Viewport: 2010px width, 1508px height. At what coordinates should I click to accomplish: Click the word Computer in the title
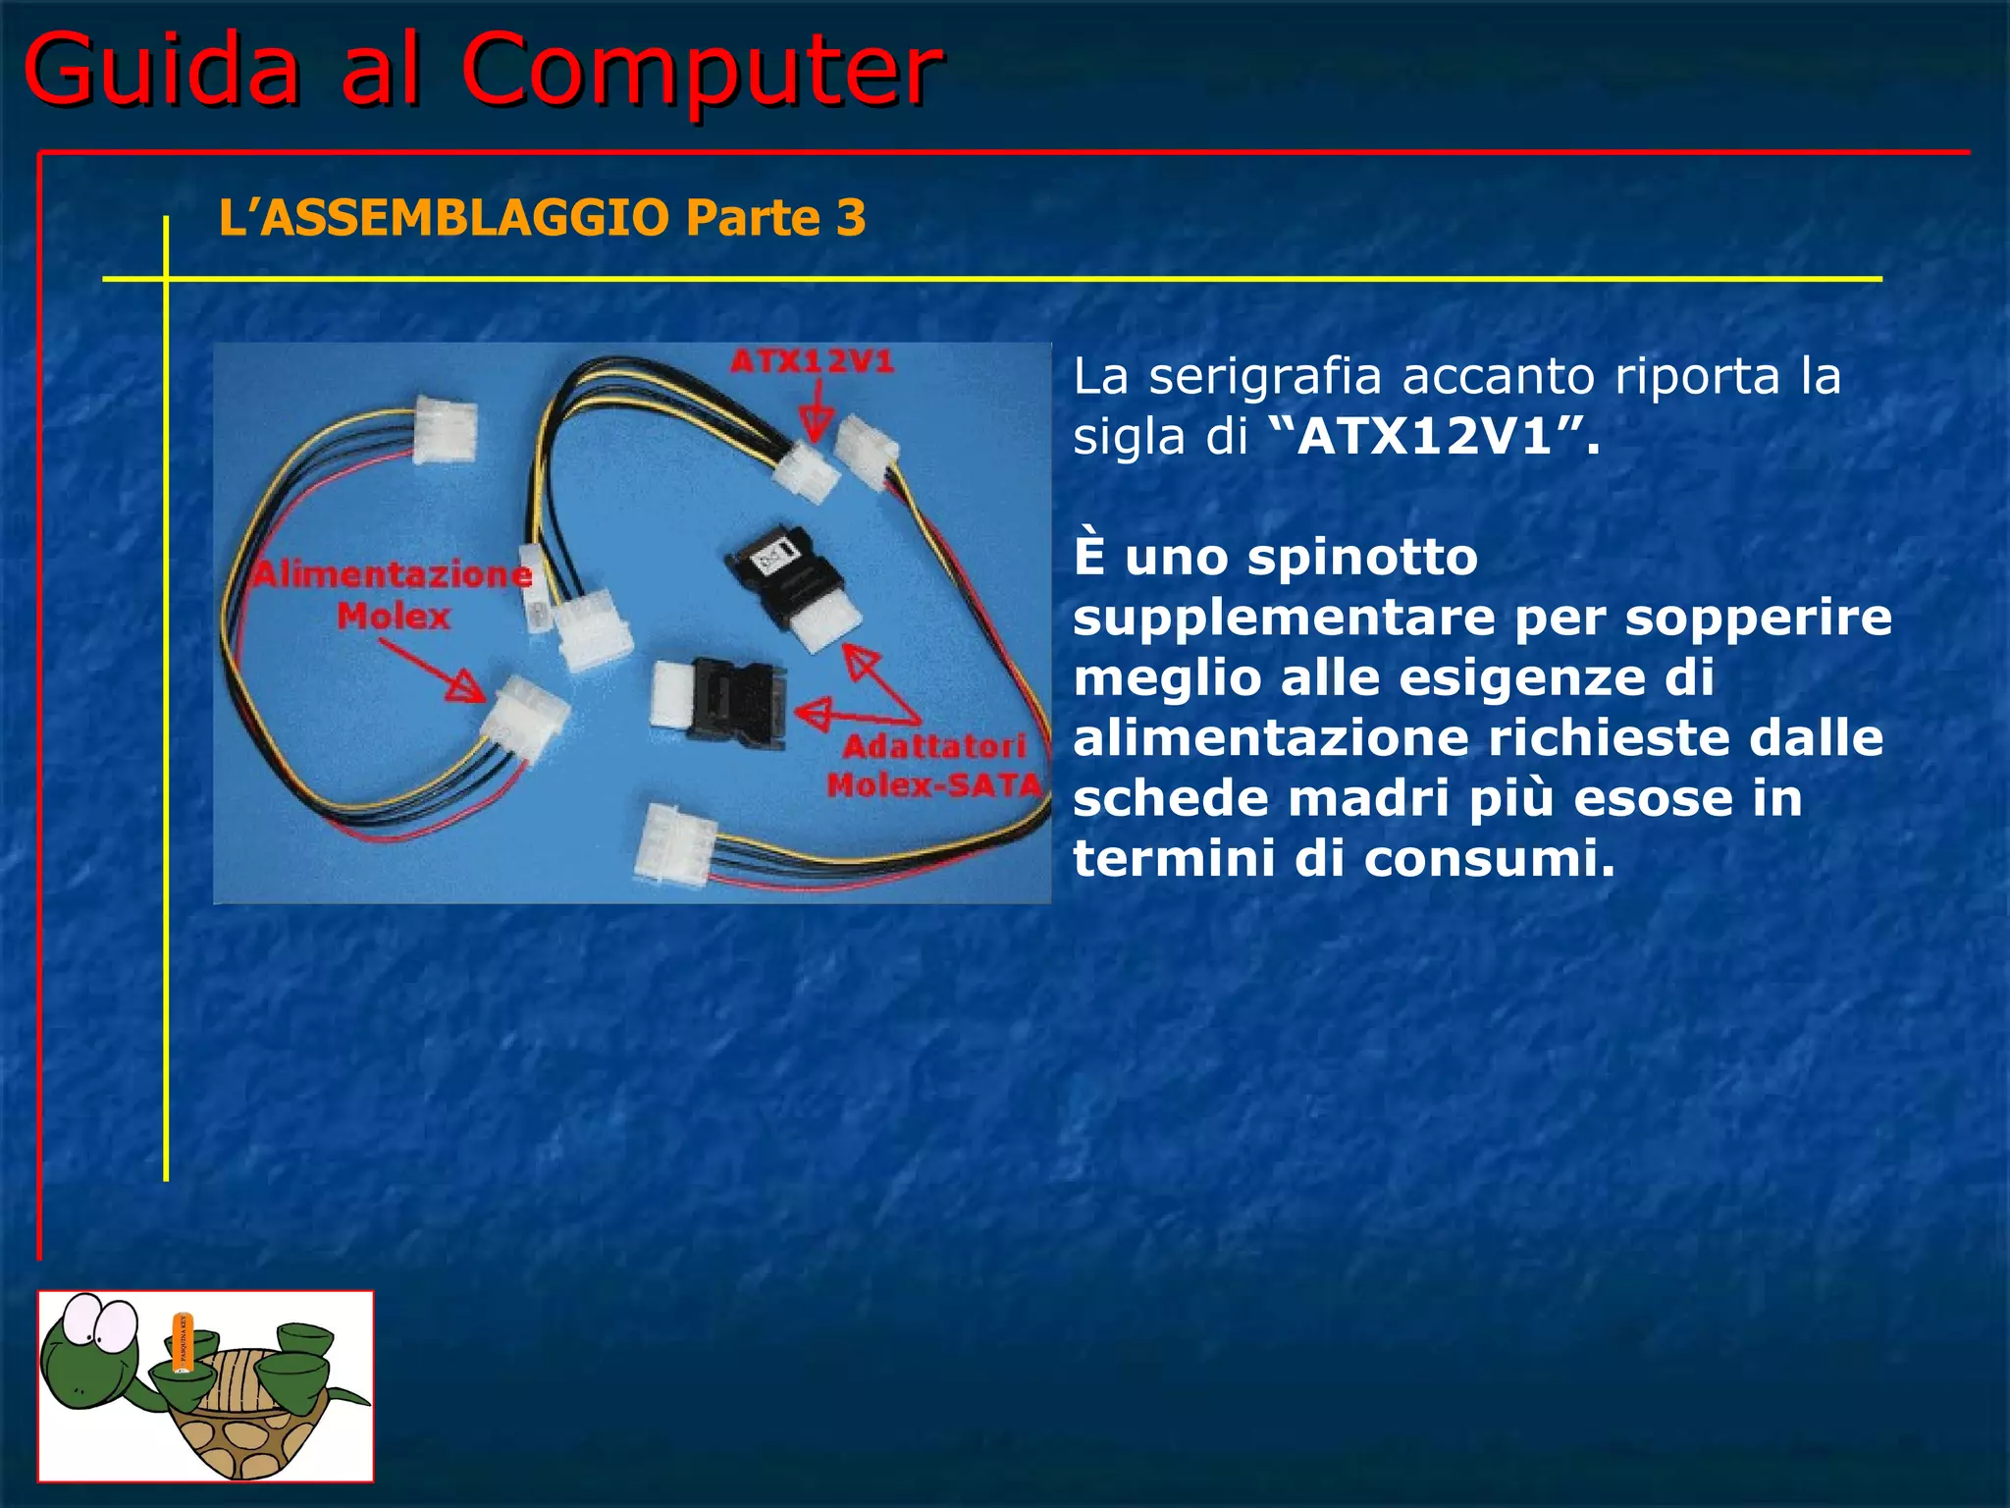coord(701,71)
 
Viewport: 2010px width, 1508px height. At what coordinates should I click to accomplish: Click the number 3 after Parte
coord(851,217)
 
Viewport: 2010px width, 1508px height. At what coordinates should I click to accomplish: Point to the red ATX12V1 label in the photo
coord(813,362)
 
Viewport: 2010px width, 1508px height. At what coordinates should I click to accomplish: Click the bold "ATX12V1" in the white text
coord(1424,437)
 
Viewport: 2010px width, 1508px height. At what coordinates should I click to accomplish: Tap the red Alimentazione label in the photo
coord(393,574)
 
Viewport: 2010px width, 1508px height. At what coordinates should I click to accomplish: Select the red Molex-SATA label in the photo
coord(933,785)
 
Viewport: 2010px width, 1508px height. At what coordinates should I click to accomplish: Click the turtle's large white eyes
coord(103,1320)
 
